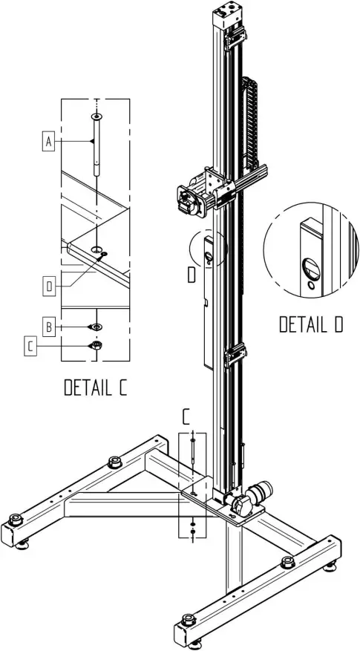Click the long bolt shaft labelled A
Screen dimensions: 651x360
click(x=96, y=148)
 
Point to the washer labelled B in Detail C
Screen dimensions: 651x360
click(x=96, y=327)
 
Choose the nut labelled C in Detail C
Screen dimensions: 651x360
click(x=96, y=345)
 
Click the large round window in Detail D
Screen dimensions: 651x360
click(x=310, y=266)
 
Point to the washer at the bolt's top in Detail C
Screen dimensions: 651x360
click(x=96, y=117)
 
